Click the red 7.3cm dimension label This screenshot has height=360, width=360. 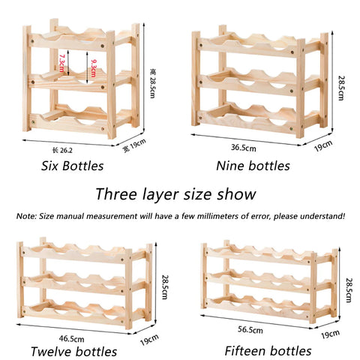[61, 63]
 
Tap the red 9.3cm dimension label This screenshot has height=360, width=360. [93, 68]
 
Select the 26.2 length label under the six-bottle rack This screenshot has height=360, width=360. [62, 150]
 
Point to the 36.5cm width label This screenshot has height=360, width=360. [244, 148]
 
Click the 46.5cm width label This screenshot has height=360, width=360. [71, 339]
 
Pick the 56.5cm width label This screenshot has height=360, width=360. [250, 329]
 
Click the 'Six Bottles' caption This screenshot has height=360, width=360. [72, 166]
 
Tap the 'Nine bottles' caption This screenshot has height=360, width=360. [253, 166]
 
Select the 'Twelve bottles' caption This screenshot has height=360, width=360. [73, 352]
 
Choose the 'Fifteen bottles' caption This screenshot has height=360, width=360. [268, 351]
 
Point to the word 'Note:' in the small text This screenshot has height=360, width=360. [26, 216]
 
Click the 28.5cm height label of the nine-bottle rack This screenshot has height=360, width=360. [340, 88]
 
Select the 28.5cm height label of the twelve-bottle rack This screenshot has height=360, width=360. [165, 287]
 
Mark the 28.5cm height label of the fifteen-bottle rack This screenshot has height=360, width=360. [349, 290]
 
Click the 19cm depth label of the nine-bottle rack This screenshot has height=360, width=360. [323, 145]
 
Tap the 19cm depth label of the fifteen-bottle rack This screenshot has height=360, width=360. [330, 334]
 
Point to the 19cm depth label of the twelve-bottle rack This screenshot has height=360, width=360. [149, 340]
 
